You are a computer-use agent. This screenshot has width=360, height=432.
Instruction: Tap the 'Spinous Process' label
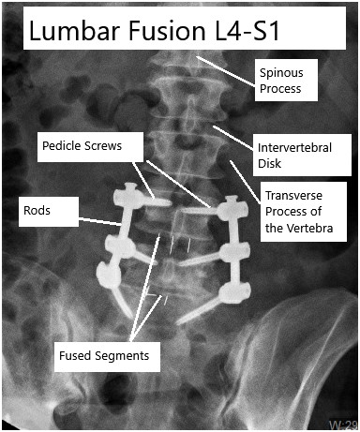[288, 80]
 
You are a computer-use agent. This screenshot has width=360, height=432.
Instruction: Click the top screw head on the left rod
[125, 199]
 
